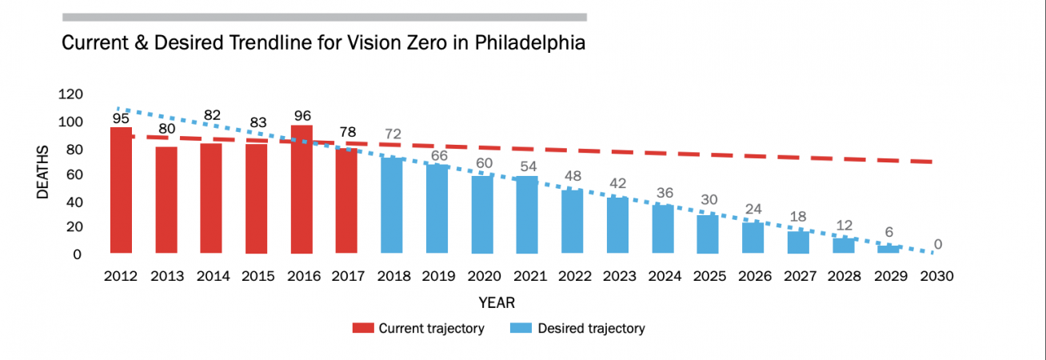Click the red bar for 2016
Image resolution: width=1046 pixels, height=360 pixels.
click(x=301, y=190)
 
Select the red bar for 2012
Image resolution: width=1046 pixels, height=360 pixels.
click(x=121, y=190)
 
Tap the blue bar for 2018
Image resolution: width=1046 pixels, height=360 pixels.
click(x=392, y=205)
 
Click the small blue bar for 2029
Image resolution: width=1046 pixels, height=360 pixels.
click(x=888, y=249)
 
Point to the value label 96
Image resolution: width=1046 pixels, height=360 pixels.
click(x=301, y=114)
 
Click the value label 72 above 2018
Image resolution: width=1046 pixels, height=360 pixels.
click(x=392, y=134)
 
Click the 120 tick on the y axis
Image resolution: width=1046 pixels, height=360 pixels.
click(x=70, y=94)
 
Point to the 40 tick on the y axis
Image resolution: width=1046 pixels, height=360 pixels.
click(x=74, y=201)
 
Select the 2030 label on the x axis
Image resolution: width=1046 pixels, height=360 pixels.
click(x=934, y=276)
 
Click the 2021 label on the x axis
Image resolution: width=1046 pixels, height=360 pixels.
click(x=528, y=276)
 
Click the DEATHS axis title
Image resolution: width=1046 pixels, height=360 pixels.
click(x=45, y=174)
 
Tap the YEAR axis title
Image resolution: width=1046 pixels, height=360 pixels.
click(x=497, y=302)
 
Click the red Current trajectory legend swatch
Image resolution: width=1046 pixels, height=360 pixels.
click(x=362, y=328)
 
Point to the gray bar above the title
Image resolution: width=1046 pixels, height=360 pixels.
click(x=324, y=17)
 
